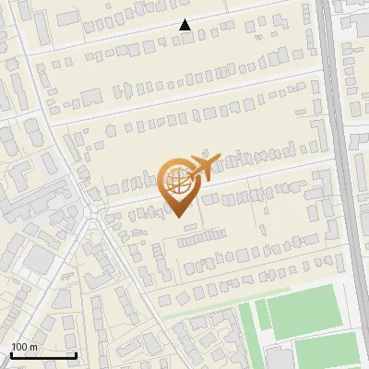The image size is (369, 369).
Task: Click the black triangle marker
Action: pos(185,25)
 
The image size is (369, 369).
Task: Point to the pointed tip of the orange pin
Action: pos(177,216)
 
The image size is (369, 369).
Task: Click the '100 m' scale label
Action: pos(24,347)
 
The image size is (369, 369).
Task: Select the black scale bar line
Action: pos(42,355)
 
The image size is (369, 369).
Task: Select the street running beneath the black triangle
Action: pos(184,36)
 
